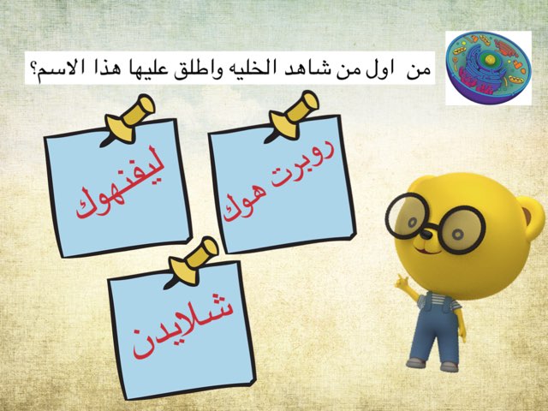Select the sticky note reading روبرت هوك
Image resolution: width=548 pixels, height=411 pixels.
283,184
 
